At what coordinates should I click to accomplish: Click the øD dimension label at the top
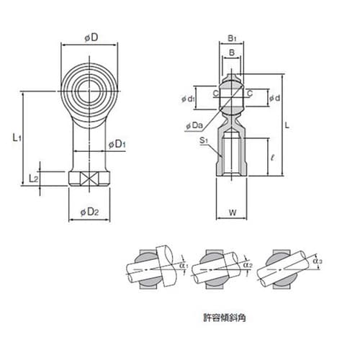pyautogui.click(x=91, y=37)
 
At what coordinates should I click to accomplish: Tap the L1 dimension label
pyautogui.click(x=17, y=138)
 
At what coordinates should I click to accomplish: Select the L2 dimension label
pyautogui.click(x=33, y=178)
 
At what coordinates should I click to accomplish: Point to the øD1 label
pyautogui.click(x=117, y=145)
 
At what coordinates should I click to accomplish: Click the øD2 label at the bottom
pyautogui.click(x=89, y=212)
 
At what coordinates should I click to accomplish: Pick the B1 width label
pyautogui.click(x=232, y=38)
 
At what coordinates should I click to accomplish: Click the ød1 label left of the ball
pyautogui.click(x=188, y=99)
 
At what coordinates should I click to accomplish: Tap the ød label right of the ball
pyautogui.click(x=274, y=98)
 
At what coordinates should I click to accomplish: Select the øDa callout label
pyautogui.click(x=194, y=125)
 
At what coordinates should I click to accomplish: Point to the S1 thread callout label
pyautogui.click(x=204, y=140)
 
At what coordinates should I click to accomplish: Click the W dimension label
pyautogui.click(x=233, y=212)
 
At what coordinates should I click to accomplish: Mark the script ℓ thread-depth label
pyautogui.click(x=272, y=158)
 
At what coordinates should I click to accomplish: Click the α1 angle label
pyautogui.click(x=184, y=266)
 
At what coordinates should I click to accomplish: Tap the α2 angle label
pyautogui.click(x=248, y=265)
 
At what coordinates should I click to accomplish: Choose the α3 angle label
pyautogui.click(x=318, y=261)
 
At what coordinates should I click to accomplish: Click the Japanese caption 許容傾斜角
pyautogui.click(x=225, y=318)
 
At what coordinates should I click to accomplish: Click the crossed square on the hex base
pyautogui.click(x=89, y=179)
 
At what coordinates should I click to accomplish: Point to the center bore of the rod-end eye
pyautogui.click(x=89, y=91)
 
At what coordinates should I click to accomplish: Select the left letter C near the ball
pyautogui.click(x=216, y=94)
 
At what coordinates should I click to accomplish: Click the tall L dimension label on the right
pyautogui.click(x=287, y=125)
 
